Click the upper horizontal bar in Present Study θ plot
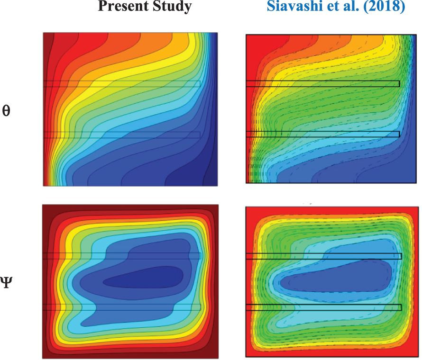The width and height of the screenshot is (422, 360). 122,83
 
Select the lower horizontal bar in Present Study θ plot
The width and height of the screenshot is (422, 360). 122,135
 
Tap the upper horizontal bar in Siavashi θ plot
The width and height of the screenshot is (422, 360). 322,83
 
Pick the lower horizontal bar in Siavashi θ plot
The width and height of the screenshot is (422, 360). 322,134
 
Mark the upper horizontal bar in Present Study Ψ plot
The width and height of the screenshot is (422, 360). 122,256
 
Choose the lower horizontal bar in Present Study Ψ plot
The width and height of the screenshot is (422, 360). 122,307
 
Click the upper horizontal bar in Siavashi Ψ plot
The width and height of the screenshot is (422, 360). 323,256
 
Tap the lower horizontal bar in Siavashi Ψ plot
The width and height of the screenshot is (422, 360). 323,307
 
